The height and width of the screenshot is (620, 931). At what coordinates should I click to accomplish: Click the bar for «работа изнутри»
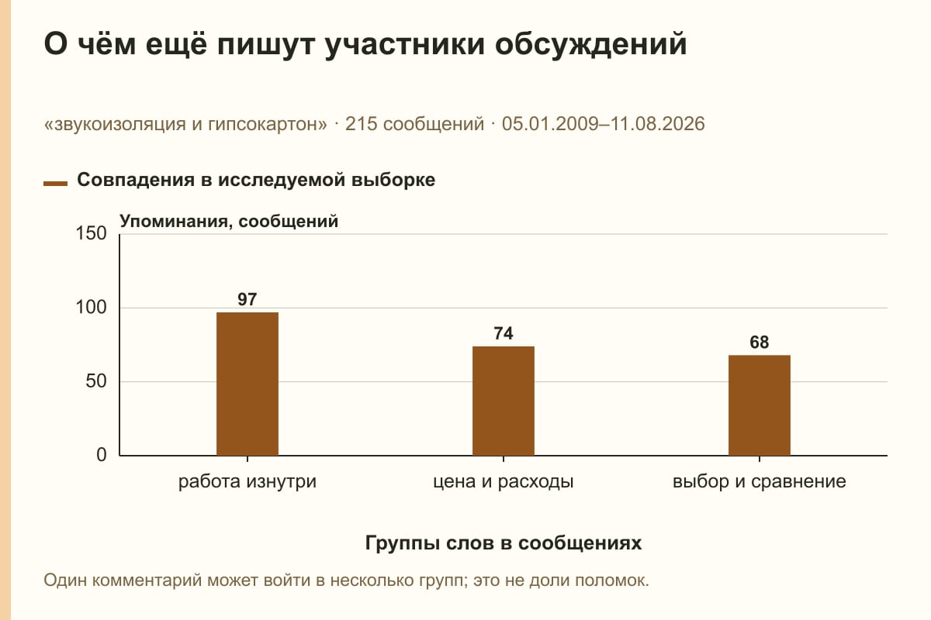coord(247,384)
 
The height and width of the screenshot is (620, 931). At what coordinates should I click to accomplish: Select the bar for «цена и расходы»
coord(504,401)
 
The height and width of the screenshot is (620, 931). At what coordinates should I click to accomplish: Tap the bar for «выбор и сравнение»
coord(760,405)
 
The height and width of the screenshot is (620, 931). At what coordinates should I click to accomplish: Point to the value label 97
coord(247,299)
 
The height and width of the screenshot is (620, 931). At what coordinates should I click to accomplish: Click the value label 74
coord(504,333)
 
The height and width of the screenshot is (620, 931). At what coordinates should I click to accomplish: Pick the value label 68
coord(760,343)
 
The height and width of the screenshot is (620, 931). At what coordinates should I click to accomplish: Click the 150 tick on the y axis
coord(91,233)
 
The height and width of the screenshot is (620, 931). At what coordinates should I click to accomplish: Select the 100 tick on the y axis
coord(91,308)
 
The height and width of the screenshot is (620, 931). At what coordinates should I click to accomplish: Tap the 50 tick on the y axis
coord(96,381)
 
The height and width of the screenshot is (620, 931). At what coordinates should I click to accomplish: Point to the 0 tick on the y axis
coord(102,455)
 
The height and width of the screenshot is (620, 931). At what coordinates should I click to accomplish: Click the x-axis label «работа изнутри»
coord(247,482)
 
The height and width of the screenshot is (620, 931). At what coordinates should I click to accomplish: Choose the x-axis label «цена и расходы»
coord(504,482)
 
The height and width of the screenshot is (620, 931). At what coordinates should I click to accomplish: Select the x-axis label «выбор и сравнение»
coord(760,482)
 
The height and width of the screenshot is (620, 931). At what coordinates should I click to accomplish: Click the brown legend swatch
coord(55,184)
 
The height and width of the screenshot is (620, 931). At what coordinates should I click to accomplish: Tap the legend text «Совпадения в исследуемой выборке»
coord(256,180)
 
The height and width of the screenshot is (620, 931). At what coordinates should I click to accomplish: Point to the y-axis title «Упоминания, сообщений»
coord(229,222)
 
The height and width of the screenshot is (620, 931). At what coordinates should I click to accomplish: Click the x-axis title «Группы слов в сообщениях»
coord(504,542)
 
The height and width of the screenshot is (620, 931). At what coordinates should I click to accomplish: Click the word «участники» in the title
coord(404,43)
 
